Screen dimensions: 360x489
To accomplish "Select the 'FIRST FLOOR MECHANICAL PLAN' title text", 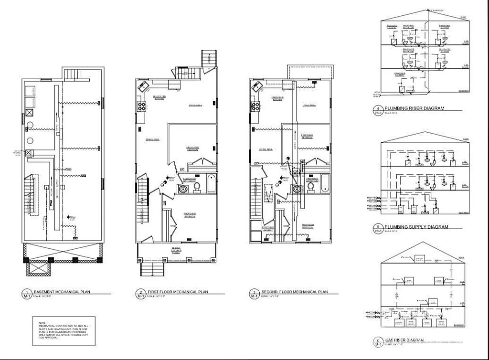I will click(x=178, y=291).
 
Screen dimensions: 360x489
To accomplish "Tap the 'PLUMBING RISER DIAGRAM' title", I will click(x=415, y=108).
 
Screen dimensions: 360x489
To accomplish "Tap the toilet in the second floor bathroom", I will click(x=311, y=188).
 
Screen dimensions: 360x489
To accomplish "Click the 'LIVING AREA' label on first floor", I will click(x=195, y=105).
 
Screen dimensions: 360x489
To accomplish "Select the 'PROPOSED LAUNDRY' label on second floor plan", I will click(x=267, y=228).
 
